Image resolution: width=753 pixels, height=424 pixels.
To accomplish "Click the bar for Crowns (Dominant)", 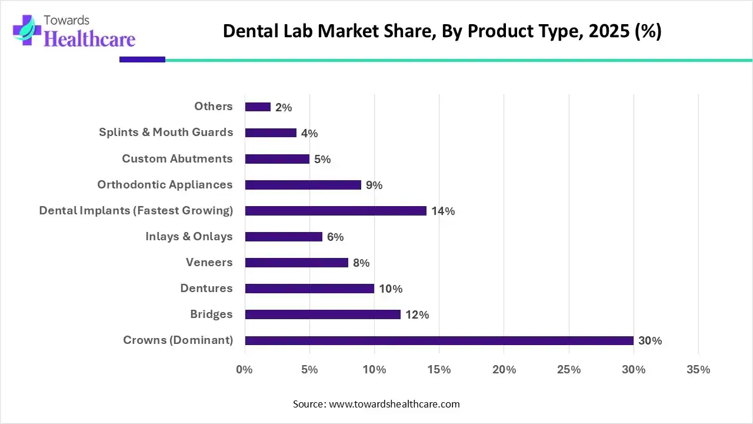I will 439,340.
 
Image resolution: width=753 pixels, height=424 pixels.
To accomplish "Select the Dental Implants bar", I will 335,211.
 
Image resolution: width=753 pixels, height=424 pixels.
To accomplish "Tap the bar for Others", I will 258,107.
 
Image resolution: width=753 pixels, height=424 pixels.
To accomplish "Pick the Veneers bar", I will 296,263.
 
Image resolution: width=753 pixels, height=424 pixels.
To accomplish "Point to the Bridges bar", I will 322,314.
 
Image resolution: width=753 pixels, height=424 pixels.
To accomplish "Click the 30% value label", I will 650,341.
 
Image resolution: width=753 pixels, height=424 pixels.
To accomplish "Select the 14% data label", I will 443,211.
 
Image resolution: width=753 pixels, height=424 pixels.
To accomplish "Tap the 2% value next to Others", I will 284,108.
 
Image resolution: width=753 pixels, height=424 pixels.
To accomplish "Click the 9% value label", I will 374,185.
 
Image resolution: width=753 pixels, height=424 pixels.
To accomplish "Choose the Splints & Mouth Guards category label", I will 166,132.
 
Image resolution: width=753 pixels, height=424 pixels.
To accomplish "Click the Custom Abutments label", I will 177,158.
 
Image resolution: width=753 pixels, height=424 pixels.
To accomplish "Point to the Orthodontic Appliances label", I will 165,184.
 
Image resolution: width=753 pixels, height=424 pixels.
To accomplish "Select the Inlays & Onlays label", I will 189,236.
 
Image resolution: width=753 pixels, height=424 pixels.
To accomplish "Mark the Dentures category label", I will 206,288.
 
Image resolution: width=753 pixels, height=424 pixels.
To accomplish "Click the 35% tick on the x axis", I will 698,370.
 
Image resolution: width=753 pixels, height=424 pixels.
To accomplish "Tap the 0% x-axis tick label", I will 244,370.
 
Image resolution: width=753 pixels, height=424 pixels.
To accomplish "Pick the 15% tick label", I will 439,370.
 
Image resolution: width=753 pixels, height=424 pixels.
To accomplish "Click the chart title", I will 442,31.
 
